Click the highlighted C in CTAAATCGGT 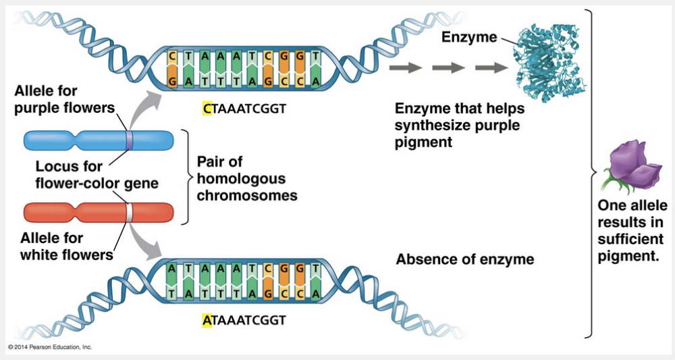[207, 108]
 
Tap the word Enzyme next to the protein [468, 36]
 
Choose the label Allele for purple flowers [65, 99]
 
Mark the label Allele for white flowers [65, 246]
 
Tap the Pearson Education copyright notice [50, 347]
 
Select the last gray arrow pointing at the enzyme [492, 68]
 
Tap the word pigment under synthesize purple [423, 142]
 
